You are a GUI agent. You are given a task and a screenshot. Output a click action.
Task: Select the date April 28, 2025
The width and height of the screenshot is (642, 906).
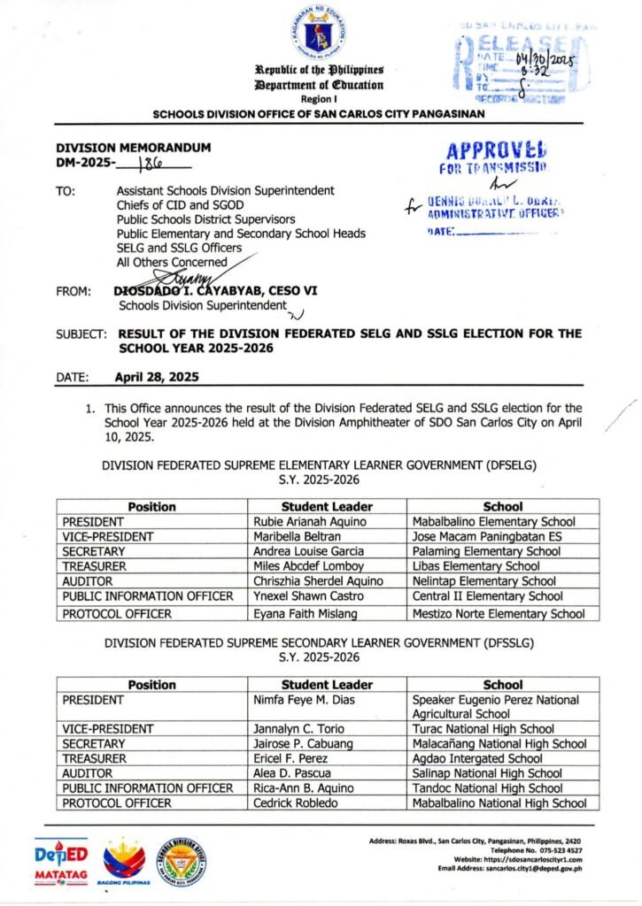pos(158,376)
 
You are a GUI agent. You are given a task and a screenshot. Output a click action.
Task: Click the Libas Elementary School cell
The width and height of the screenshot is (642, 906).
pos(476,566)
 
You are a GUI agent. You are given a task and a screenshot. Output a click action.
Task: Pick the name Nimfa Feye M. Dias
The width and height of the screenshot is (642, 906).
pos(303,700)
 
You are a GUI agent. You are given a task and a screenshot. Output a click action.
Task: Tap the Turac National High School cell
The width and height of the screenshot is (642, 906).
pos(483,729)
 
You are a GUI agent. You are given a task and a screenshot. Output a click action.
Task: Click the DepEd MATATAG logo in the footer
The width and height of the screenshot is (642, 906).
pos(62,858)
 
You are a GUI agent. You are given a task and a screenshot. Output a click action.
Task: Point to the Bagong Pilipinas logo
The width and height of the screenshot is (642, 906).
pos(125,860)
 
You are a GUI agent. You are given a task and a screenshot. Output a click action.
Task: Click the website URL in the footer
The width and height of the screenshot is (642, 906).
pos(519,859)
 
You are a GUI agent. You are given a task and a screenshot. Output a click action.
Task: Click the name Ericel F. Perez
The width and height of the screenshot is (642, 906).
pos(290,758)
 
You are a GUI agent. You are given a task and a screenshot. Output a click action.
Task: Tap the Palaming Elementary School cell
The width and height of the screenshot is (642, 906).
pos(486,551)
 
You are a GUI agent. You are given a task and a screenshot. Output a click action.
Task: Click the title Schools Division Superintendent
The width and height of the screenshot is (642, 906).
pos(203,305)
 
